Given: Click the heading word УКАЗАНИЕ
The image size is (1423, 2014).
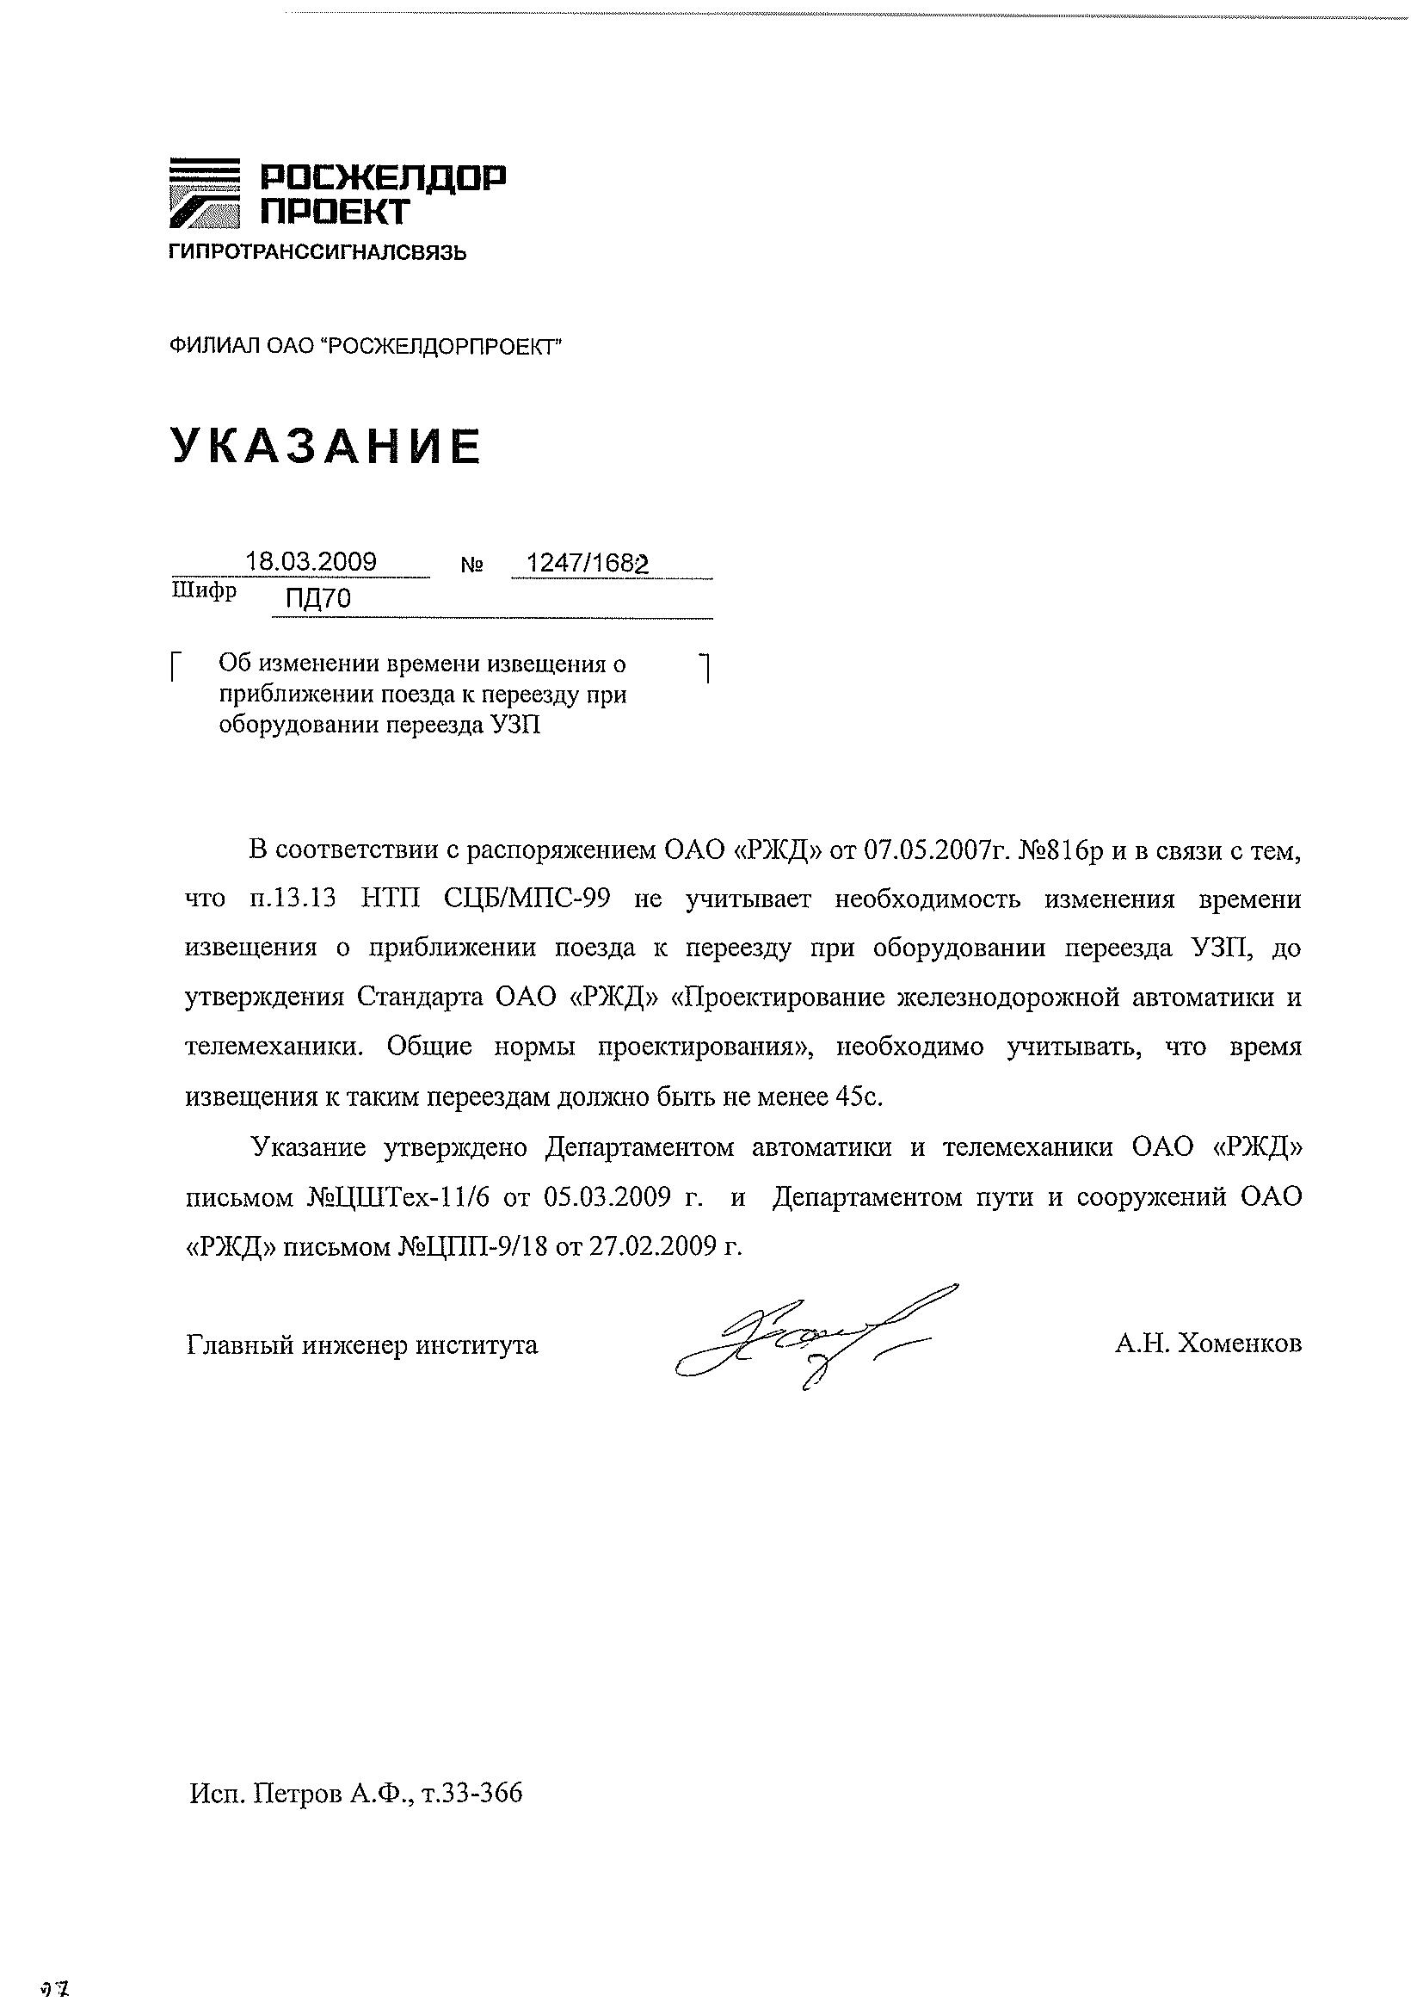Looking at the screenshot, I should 325,447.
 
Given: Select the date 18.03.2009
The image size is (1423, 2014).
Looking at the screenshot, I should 311,561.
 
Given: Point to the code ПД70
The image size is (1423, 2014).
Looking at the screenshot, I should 318,599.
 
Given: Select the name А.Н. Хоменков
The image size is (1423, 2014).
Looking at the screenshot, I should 1208,1344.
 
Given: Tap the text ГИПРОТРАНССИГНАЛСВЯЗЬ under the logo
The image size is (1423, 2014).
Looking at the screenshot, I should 317,255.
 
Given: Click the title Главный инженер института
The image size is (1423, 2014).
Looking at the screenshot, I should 362,1344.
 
